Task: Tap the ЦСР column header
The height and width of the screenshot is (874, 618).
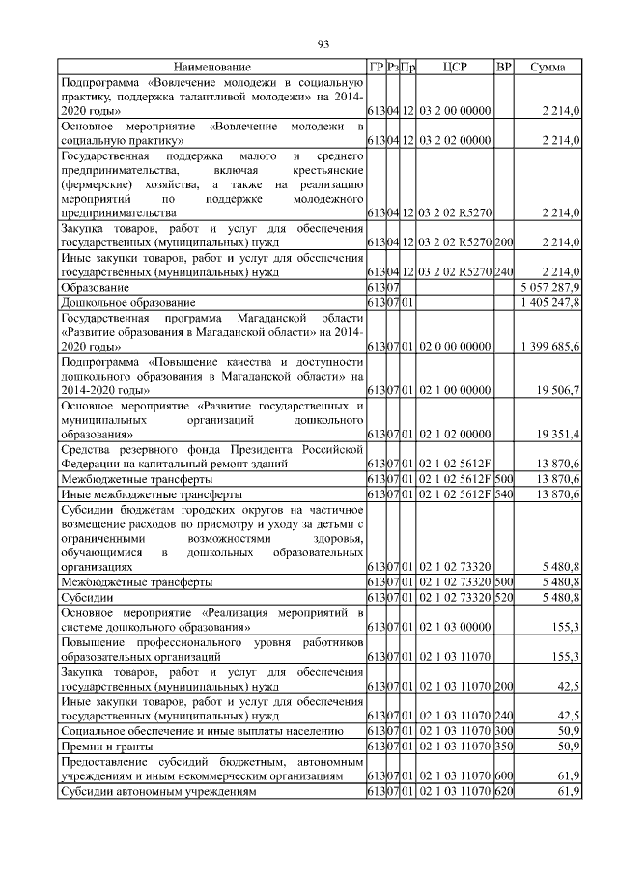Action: click(x=455, y=67)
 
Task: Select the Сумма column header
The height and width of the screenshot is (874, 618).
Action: click(x=548, y=67)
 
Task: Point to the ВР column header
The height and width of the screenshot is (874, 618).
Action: click(x=503, y=67)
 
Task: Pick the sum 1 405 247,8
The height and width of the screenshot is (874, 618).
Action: click(x=549, y=303)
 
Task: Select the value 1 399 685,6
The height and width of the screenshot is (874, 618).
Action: click(x=549, y=346)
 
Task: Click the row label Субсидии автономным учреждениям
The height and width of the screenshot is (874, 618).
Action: click(x=158, y=791)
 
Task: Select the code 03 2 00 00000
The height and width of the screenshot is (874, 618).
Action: click(x=455, y=112)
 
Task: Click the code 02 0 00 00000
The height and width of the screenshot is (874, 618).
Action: click(x=455, y=346)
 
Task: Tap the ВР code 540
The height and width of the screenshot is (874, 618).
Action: click(x=503, y=493)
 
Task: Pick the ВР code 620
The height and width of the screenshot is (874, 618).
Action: click(x=503, y=791)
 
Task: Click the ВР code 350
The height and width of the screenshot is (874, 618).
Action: click(x=503, y=747)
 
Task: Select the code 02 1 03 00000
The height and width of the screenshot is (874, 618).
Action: click(x=455, y=627)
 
